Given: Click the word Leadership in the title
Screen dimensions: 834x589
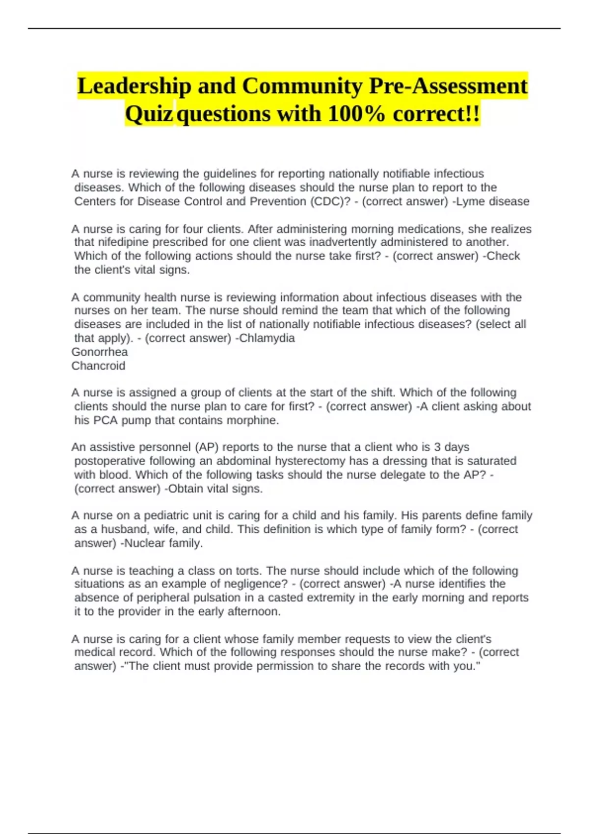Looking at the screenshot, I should pos(134,86).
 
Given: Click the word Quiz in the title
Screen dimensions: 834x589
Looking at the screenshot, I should pos(149,114).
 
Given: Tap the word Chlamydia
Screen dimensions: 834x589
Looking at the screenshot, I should pos(267,339).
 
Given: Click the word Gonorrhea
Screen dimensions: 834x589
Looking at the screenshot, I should pos(100,352).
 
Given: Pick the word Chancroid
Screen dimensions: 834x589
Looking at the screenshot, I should pos(98,366).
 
